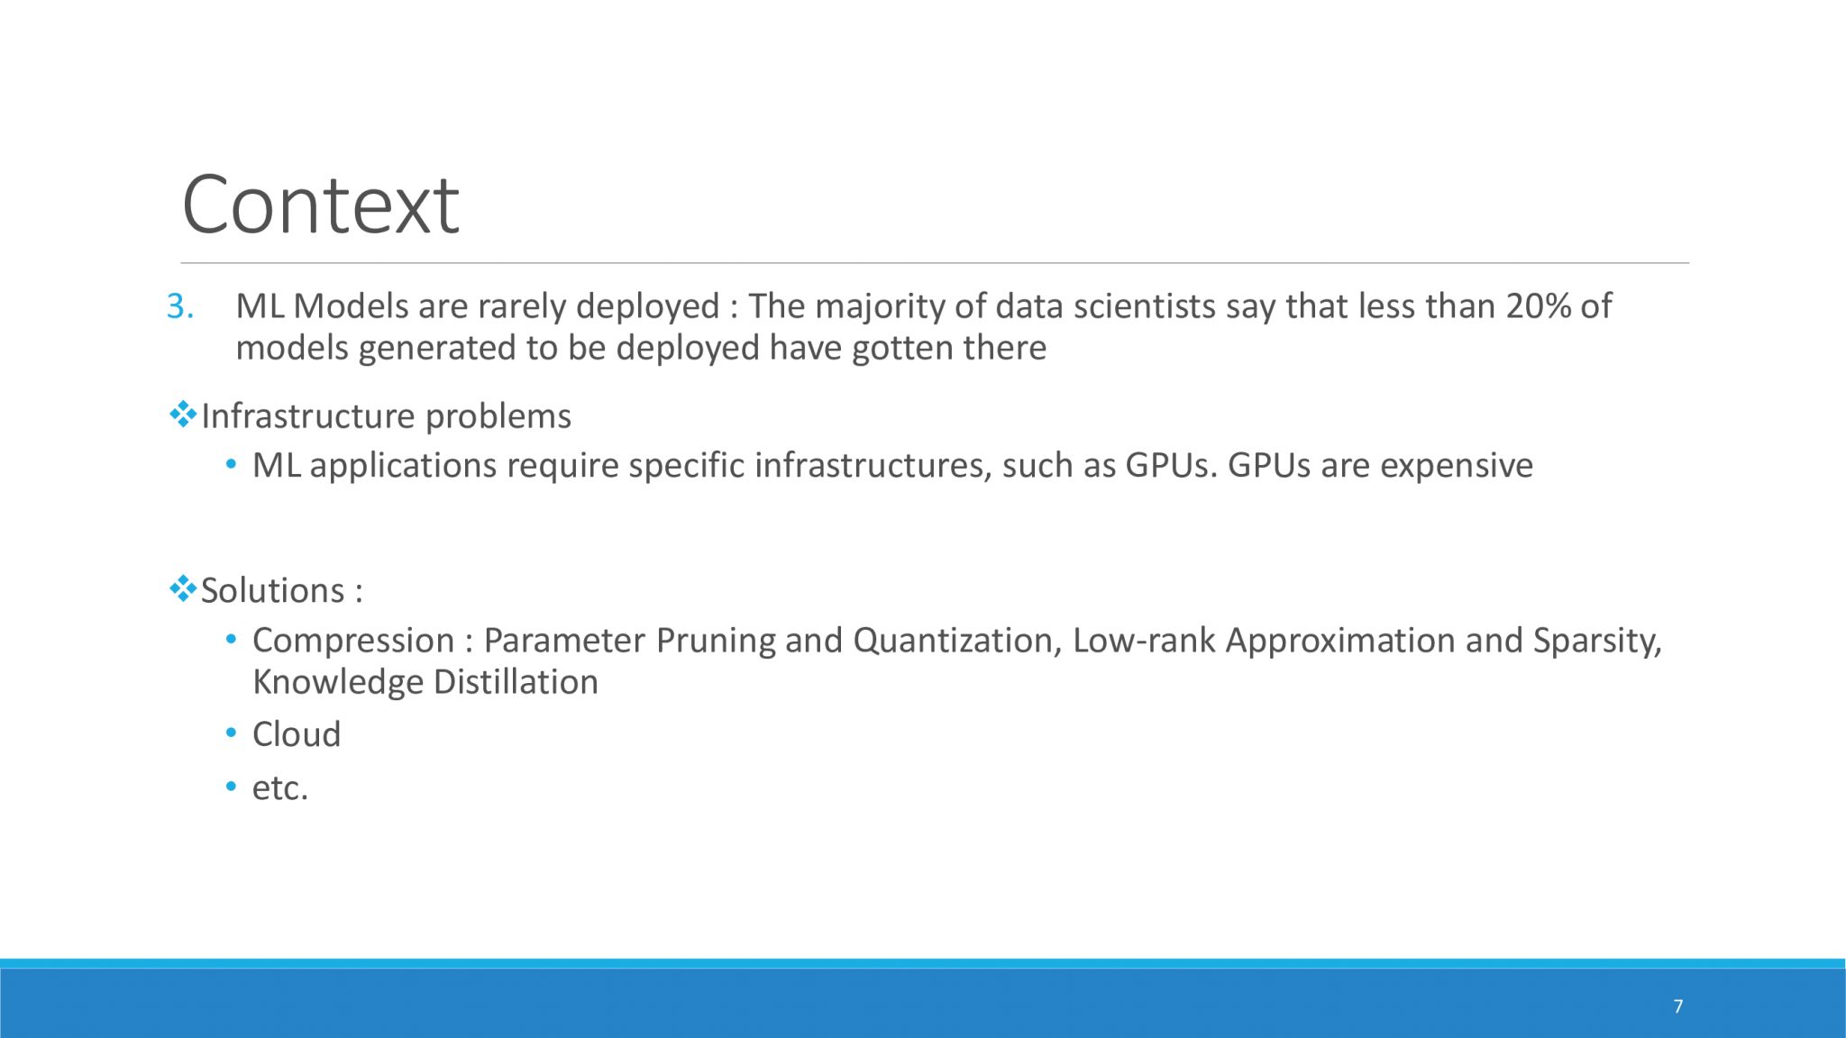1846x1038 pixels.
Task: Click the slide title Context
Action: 320,205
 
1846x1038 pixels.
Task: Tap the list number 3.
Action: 180,306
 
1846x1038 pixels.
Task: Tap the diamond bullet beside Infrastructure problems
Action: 183,414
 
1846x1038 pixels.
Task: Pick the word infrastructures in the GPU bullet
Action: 873,465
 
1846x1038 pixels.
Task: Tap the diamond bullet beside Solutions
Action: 183,589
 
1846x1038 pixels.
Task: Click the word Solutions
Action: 272,590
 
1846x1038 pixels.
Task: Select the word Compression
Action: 353,641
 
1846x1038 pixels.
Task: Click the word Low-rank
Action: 1144,640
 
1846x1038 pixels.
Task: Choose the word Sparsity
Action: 1597,642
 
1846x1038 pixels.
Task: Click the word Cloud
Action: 297,734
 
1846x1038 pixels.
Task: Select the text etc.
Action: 280,788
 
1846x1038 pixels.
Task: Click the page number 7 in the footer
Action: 1677,1006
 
